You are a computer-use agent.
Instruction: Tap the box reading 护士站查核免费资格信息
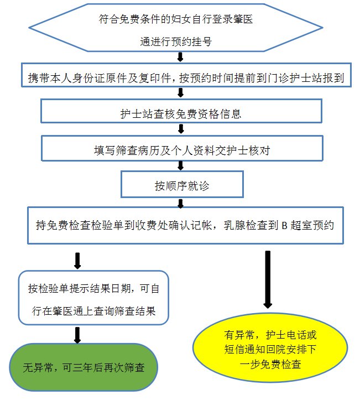[180, 114]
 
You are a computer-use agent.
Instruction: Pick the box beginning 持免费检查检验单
[186, 225]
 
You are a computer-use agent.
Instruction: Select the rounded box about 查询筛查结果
[93, 298]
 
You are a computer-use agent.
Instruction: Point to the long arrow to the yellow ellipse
[268, 279]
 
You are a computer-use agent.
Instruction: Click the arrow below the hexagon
[180, 56]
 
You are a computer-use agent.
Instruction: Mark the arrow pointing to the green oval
[77, 334]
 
